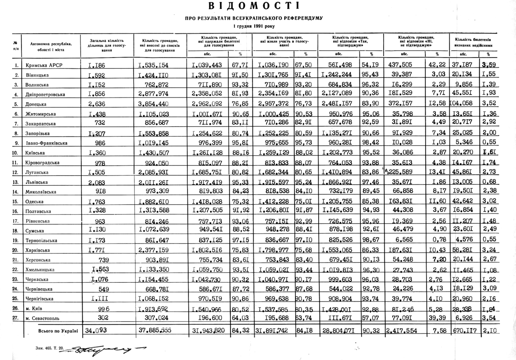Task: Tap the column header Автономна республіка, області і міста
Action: pos(51,46)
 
